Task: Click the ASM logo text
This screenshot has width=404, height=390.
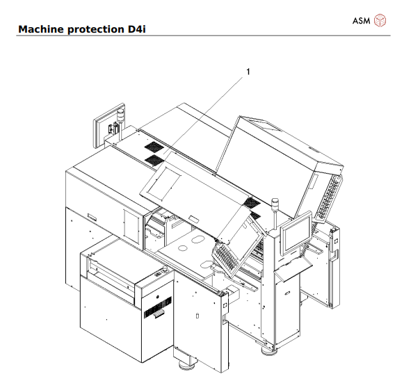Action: tap(362, 20)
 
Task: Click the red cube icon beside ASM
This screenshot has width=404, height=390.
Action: tap(380, 20)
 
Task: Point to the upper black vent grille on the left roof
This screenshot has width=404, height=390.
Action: tap(152, 147)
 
